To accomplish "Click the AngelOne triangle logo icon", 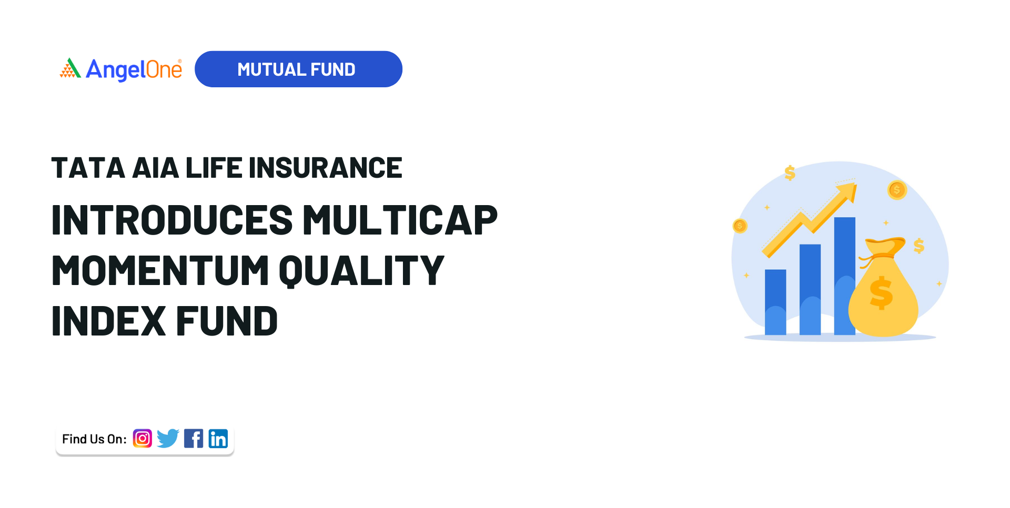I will point(70,68).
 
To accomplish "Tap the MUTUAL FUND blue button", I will point(298,69).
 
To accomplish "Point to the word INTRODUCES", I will point(171,220).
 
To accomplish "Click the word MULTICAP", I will point(400,220).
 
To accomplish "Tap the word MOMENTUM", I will point(160,270).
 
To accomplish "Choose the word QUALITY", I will point(361,270).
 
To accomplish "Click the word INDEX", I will point(108,321).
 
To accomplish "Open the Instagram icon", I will point(142,438).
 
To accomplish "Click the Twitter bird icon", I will point(168,438).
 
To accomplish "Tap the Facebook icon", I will point(194,438).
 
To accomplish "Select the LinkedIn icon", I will point(218,438).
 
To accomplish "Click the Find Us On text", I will point(94,439).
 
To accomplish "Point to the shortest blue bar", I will point(775,302).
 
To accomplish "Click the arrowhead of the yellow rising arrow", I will point(848,191).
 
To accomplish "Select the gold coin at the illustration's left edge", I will point(740,226).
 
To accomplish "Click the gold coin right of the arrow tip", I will point(897,190).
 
